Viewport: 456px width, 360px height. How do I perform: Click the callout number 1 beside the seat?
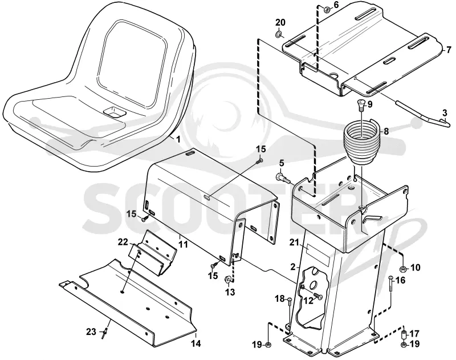click(x=178, y=139)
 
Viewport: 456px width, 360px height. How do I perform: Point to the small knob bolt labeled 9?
click(x=360, y=106)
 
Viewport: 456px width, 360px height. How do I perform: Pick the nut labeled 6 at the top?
click(x=327, y=10)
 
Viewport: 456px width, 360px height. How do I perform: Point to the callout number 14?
click(x=196, y=343)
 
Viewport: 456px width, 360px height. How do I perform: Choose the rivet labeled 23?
click(x=104, y=333)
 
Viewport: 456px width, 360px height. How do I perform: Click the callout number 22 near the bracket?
click(x=123, y=241)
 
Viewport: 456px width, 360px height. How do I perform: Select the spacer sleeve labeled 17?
click(x=404, y=334)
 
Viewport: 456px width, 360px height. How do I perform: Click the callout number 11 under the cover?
click(x=183, y=244)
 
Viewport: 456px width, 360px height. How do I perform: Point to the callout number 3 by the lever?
click(x=445, y=112)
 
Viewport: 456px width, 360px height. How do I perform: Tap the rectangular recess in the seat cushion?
click(x=115, y=112)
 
